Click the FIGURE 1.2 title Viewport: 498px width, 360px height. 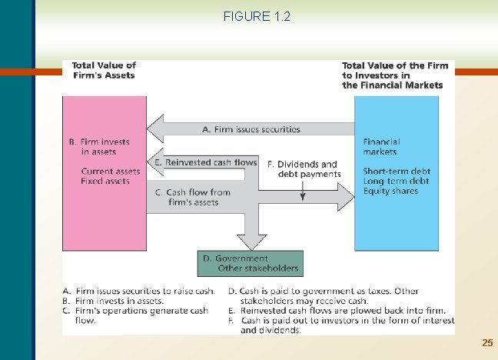pos(257,16)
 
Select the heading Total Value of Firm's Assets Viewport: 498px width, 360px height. pos(104,70)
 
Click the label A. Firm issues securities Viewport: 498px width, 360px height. pos(251,129)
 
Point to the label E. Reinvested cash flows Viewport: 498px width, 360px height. pos(205,162)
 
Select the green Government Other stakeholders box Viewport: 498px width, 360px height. pos(248,263)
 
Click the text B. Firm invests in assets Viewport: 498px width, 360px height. pos(99,146)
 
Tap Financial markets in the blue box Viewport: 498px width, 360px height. pos(381,146)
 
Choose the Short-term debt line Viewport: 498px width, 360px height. pos(397,172)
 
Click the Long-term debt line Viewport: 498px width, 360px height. pos(396,181)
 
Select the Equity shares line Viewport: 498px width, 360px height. pos(390,191)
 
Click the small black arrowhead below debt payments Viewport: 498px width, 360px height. pos(303,197)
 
